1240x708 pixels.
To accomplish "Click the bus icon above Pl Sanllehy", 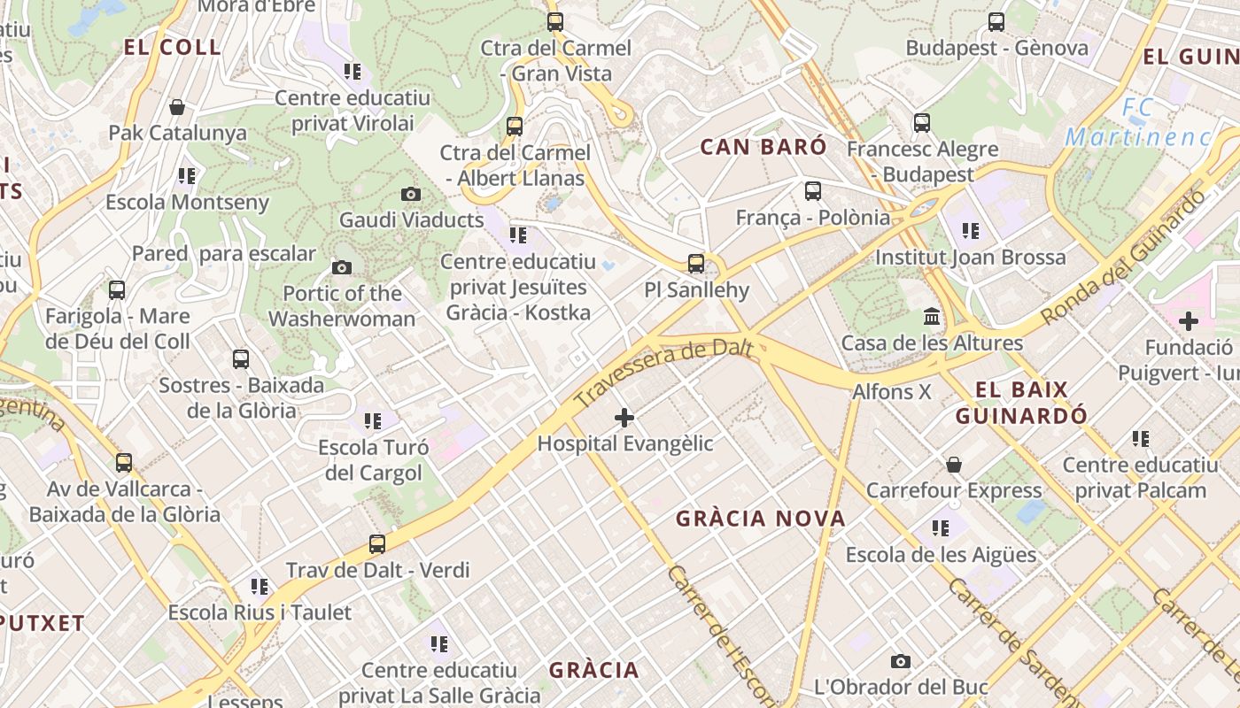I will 695,263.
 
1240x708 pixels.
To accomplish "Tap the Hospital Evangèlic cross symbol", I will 624,417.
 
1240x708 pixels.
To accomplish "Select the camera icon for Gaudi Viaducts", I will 411,194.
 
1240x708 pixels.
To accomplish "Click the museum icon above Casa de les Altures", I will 932,316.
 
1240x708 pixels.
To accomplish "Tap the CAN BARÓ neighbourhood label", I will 763,147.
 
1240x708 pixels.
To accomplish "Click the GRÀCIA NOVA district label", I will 761,519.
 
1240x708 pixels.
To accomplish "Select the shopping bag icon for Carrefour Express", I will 954,464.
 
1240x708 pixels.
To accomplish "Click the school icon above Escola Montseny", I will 186,175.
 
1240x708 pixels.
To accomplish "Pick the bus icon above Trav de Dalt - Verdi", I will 377,543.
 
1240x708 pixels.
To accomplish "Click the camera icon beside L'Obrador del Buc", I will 901,661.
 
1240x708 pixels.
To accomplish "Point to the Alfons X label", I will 892,391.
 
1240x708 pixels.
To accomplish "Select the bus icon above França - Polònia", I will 812,190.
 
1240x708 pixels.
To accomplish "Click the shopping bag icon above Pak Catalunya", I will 177,107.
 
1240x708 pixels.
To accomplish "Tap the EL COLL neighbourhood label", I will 173,48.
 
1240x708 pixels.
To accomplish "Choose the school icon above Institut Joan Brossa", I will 971,231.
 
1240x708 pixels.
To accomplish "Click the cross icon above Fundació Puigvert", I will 1188,321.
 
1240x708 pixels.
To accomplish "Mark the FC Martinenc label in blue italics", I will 1138,123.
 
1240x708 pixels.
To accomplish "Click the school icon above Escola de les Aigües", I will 941,528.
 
